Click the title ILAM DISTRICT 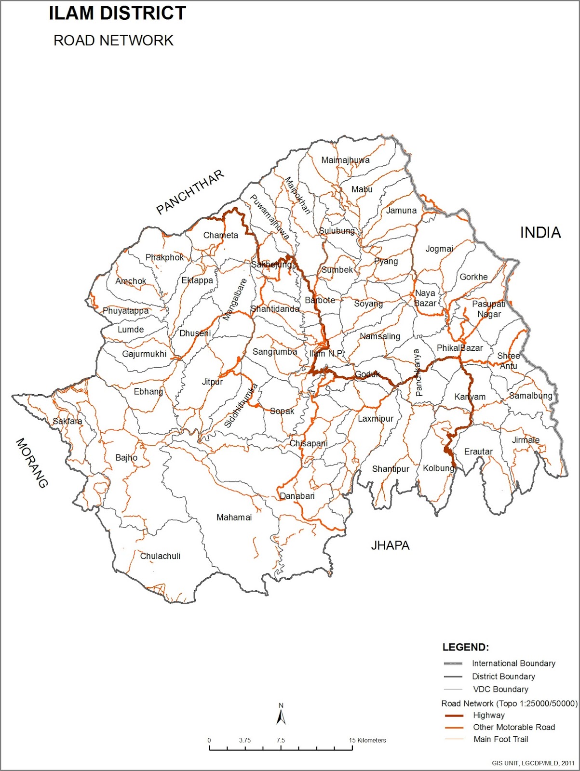pyautogui.click(x=117, y=13)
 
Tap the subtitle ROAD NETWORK pyautogui.click(x=113, y=40)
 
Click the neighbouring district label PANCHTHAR pyautogui.click(x=190, y=192)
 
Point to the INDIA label pyautogui.click(x=540, y=233)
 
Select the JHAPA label pyautogui.click(x=390, y=545)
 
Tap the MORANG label pyautogui.click(x=32, y=463)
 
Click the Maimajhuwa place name pyautogui.click(x=345, y=160)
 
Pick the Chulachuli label pyautogui.click(x=160, y=556)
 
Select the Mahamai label pyautogui.click(x=234, y=518)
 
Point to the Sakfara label pyautogui.click(x=67, y=421)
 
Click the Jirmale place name pyautogui.click(x=526, y=440)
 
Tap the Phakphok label pyautogui.click(x=164, y=257)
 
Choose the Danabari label pyautogui.click(x=297, y=496)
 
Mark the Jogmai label pyautogui.click(x=439, y=249)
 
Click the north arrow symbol pyautogui.click(x=281, y=715)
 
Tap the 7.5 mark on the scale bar pyautogui.click(x=281, y=741)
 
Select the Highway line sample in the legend pyautogui.click(x=453, y=716)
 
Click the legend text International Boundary pyautogui.click(x=513, y=664)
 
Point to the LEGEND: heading pyautogui.click(x=465, y=647)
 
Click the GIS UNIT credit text pyautogui.click(x=533, y=763)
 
